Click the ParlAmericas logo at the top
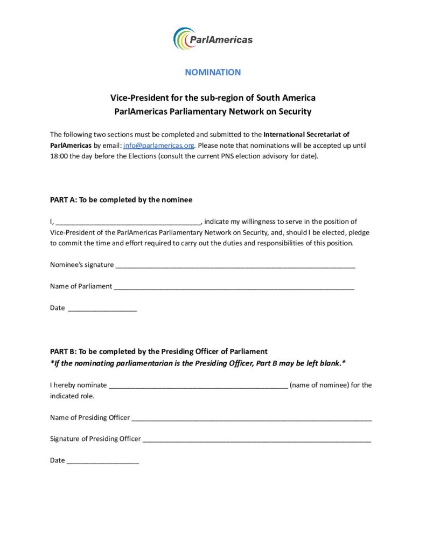(213, 39)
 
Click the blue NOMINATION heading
(213, 72)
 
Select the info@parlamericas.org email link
(158, 146)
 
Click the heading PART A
(121, 199)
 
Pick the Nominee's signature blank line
(235, 265)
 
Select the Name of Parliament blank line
(234, 286)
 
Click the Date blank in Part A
(102, 308)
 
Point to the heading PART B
(159, 351)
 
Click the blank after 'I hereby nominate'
(198, 385)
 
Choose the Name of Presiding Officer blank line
(252, 418)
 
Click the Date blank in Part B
(103, 460)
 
